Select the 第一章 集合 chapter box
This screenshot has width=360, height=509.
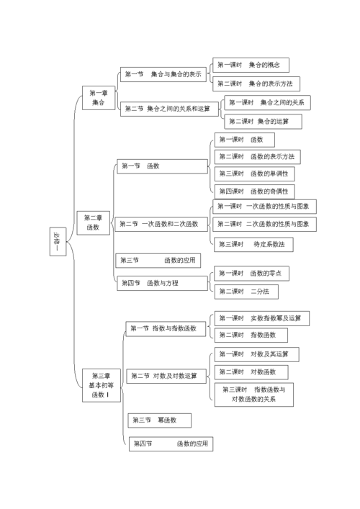(x=98, y=98)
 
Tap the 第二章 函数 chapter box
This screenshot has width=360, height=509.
(x=93, y=222)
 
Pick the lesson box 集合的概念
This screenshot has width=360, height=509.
(x=251, y=65)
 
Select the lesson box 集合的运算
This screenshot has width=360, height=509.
(x=262, y=121)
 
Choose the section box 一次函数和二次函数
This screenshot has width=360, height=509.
(x=161, y=224)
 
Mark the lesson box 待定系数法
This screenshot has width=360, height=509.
(x=253, y=244)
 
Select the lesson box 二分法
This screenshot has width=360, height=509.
(x=246, y=292)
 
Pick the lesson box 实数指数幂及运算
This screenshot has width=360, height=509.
(x=261, y=317)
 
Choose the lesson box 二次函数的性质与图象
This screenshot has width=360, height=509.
(x=264, y=224)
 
